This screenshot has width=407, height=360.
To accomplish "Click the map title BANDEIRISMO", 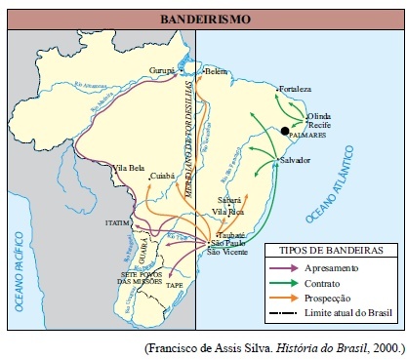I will click(203, 19).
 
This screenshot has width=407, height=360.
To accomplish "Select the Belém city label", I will click(215, 72).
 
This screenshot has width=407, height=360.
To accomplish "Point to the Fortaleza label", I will click(295, 89).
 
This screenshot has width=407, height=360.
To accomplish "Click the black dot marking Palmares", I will click(285, 131).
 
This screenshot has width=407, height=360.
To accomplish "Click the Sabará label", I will click(228, 200).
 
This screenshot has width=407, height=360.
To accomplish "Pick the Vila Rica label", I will click(230, 211).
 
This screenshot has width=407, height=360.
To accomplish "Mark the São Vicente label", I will click(227, 252).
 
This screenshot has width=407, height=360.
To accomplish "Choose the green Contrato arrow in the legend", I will click(284, 283).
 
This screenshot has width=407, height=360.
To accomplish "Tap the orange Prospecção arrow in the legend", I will click(284, 298).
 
